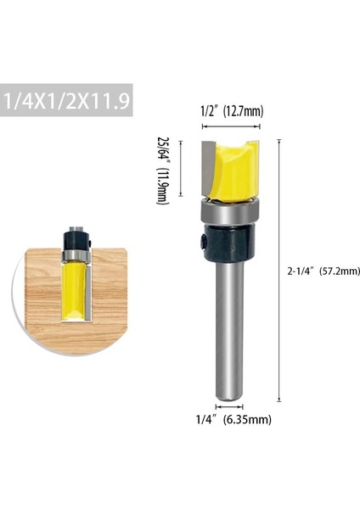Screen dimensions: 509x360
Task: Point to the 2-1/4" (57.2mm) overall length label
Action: [x=324, y=271]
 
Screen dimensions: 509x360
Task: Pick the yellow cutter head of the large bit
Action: [x=233, y=173]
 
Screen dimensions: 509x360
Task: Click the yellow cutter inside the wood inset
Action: [x=74, y=288]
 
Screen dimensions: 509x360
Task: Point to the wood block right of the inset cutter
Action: [x=108, y=288]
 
